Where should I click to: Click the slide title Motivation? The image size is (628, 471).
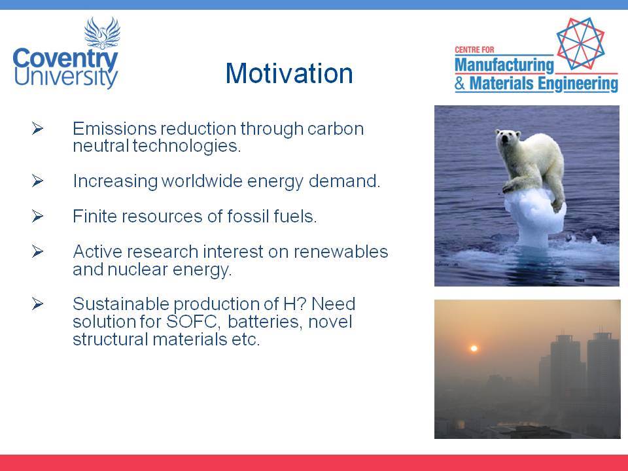point(288,73)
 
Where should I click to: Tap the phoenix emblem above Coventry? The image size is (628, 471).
point(102,33)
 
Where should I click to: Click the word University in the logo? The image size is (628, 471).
point(65,77)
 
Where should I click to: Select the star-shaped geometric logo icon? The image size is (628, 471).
point(580,43)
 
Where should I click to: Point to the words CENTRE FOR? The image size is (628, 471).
point(474,50)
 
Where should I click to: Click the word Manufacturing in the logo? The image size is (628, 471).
point(504,65)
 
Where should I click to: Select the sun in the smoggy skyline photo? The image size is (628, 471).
point(474,349)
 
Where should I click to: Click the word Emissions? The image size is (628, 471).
point(114,129)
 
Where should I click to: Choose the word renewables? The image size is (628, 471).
point(340,252)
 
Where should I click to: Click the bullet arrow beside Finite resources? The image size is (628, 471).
point(37,217)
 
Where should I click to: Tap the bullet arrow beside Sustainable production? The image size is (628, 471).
point(37,304)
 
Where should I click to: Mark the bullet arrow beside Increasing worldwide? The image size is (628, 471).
point(37,181)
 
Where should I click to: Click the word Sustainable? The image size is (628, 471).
point(122,304)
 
